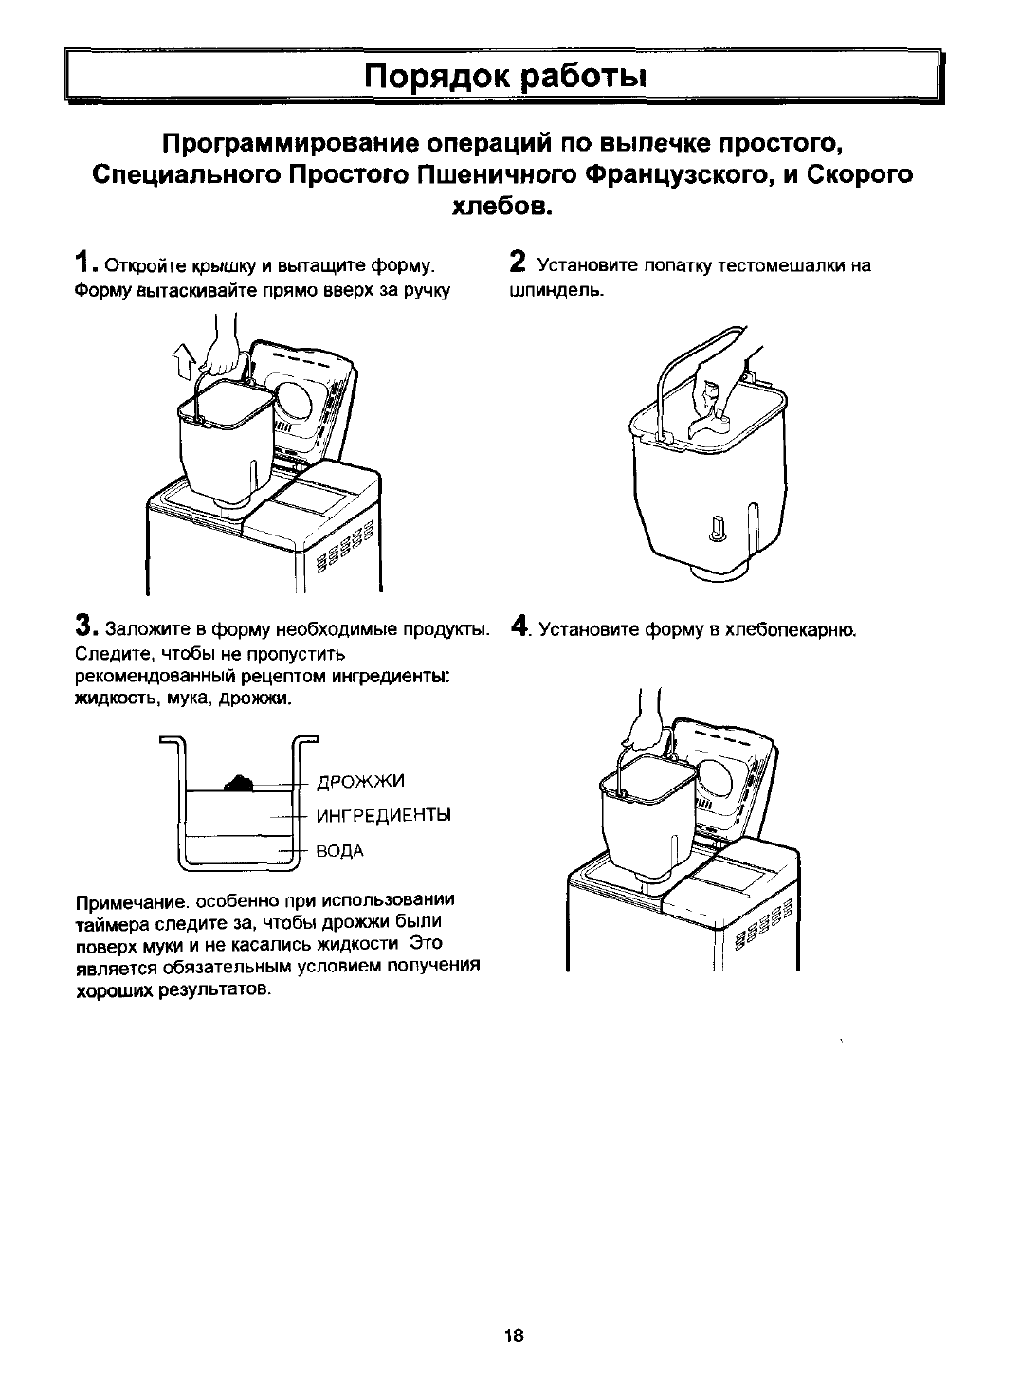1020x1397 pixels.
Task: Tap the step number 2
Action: point(518,261)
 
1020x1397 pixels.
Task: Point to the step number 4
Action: point(518,626)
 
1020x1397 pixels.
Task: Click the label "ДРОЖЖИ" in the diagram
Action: point(360,781)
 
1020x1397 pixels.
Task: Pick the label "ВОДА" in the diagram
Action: point(339,850)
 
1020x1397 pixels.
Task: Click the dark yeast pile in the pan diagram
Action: point(239,782)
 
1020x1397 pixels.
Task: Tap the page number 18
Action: point(514,1335)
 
